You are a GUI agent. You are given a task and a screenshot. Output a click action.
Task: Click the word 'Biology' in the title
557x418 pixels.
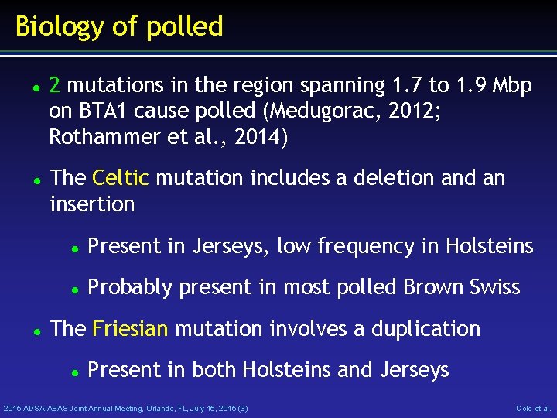coord(58,27)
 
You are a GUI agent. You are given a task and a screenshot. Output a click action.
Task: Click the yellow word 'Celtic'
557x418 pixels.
coord(120,178)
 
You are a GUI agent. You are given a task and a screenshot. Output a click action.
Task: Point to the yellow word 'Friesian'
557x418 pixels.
coord(129,328)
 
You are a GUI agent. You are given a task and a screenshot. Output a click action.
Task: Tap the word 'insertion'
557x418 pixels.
coord(91,204)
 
